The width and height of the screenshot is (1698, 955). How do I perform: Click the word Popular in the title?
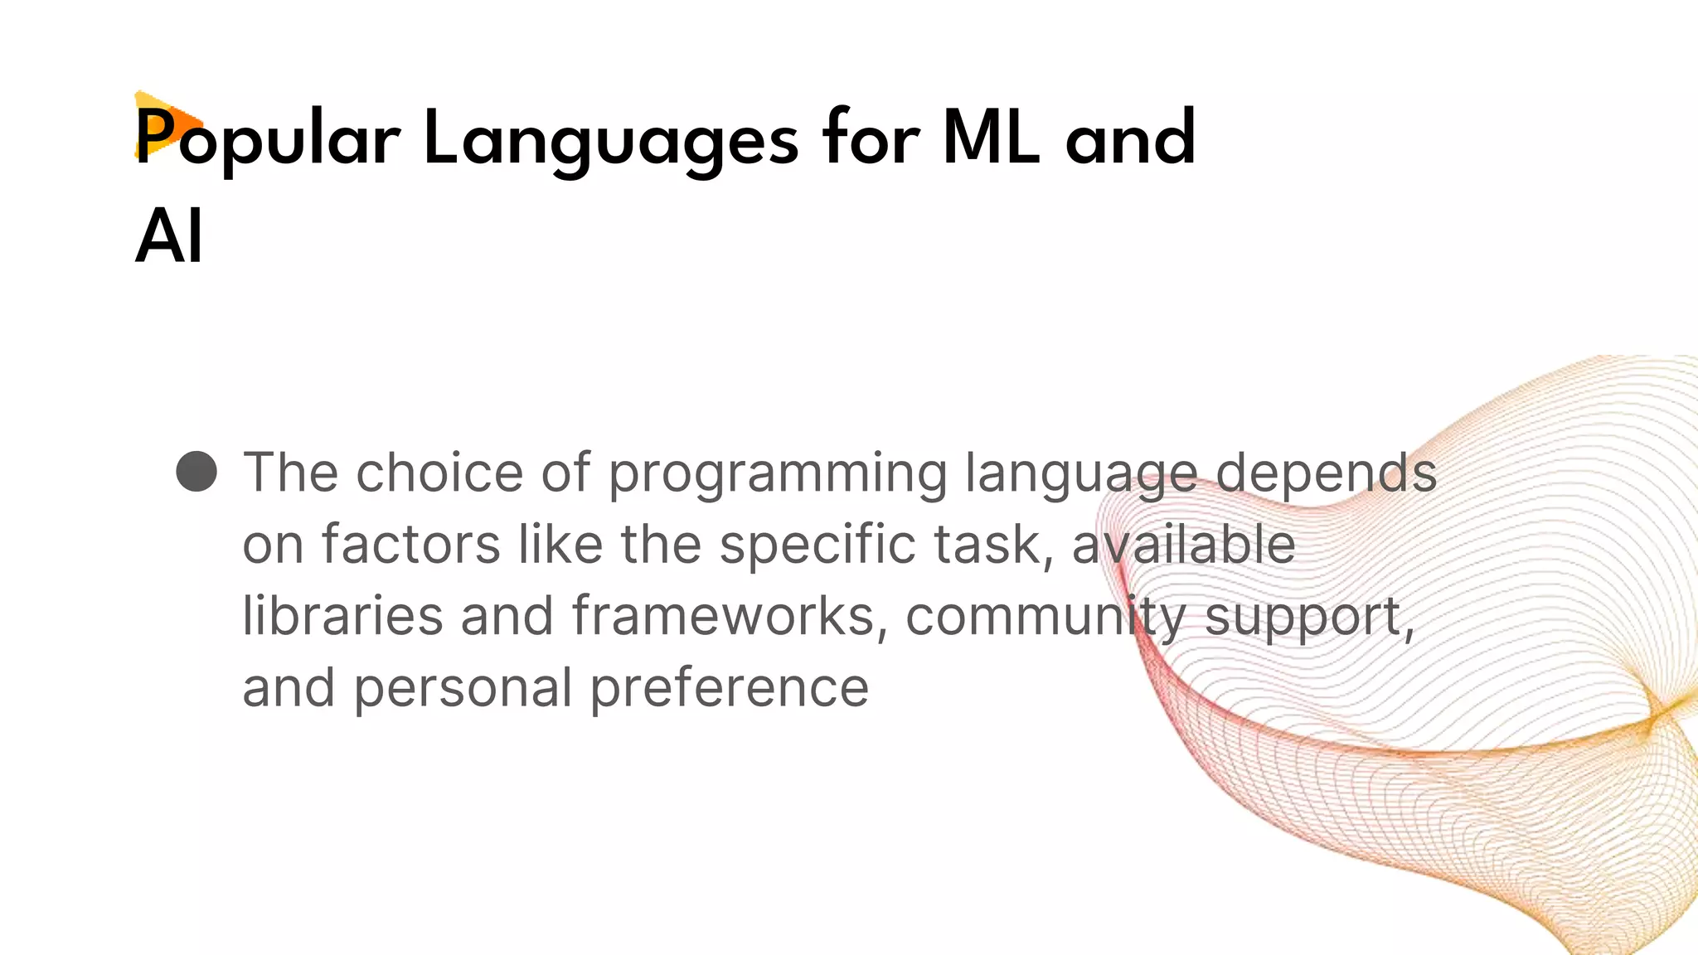[x=267, y=138]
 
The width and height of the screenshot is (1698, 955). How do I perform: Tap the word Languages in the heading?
[x=611, y=138]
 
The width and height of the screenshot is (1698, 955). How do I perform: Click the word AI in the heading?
[x=169, y=237]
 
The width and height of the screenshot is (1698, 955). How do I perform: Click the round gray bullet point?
[x=196, y=472]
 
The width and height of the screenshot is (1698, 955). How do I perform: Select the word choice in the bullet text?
[x=439, y=473]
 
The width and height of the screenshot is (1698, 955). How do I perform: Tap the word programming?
[x=777, y=474]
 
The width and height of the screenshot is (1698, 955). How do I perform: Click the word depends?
[x=1327, y=473]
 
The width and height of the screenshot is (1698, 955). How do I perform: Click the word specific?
[x=817, y=546]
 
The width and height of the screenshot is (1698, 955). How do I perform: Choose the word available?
[x=1183, y=545]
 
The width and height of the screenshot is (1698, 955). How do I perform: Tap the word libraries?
[x=342, y=616]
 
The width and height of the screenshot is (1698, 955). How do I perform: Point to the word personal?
[x=463, y=689]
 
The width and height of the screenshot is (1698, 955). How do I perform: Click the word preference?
[x=729, y=689]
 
